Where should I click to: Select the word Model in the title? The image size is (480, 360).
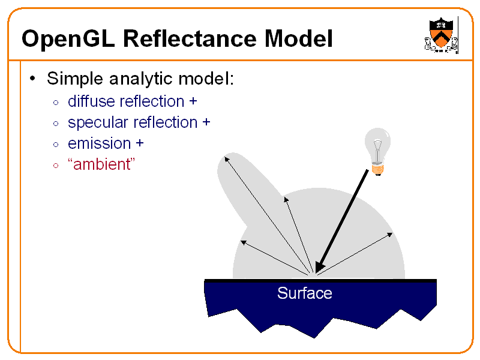pos(298,40)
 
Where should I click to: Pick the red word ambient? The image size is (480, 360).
pos(101,164)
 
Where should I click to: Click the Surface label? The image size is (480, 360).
pos(304,293)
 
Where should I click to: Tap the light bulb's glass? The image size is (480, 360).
pos(378,144)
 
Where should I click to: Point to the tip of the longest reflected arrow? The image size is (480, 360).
pos(226,157)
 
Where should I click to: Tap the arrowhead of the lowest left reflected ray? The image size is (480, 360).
pos(242,242)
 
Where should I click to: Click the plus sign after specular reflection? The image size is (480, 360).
pos(206,123)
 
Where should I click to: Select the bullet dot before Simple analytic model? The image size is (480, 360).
pos(34,79)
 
